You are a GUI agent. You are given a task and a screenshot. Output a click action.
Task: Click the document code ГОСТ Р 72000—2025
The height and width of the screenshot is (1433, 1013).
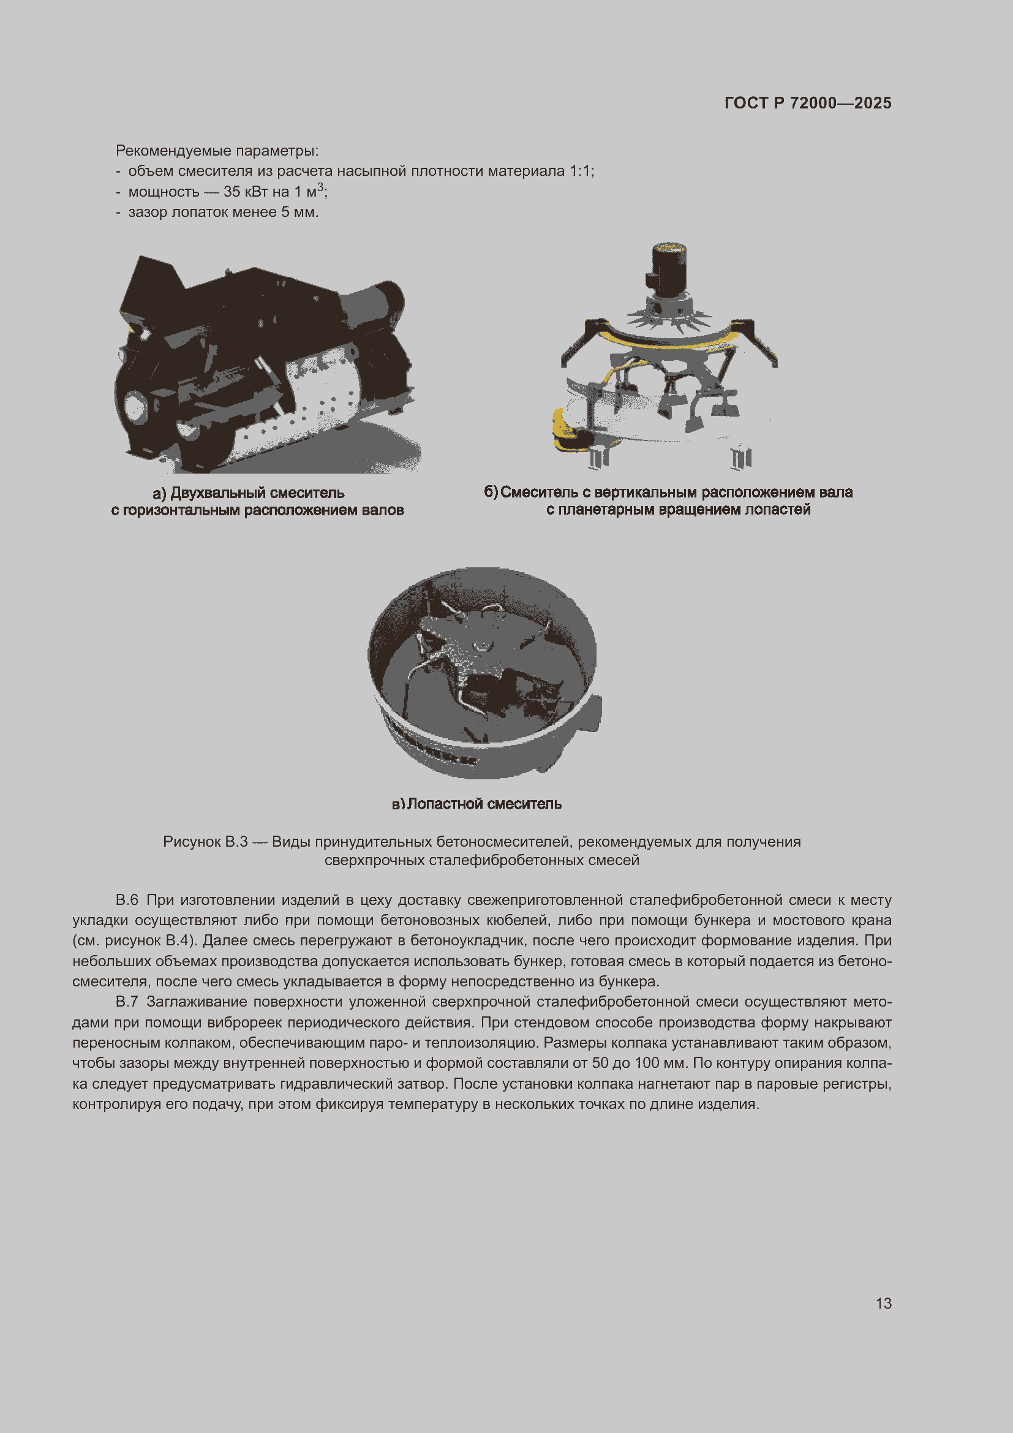click(807, 103)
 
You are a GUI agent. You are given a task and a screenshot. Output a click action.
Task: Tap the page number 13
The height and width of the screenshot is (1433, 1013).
click(883, 1303)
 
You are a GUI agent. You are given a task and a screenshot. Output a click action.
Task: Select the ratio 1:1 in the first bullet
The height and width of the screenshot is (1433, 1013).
click(580, 171)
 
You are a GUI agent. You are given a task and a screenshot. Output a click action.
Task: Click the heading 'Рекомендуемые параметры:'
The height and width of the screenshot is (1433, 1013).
click(217, 151)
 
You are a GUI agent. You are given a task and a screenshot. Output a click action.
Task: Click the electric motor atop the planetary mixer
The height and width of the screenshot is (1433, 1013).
click(669, 268)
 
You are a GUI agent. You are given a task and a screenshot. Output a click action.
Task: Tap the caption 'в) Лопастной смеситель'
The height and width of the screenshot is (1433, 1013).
click(476, 804)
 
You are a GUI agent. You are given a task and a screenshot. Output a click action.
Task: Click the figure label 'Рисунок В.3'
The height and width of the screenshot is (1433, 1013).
click(205, 842)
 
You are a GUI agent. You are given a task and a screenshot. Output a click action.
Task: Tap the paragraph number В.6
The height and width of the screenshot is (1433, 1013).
click(127, 900)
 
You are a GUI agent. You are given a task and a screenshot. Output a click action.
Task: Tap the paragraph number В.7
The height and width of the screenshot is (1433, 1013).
click(127, 1002)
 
